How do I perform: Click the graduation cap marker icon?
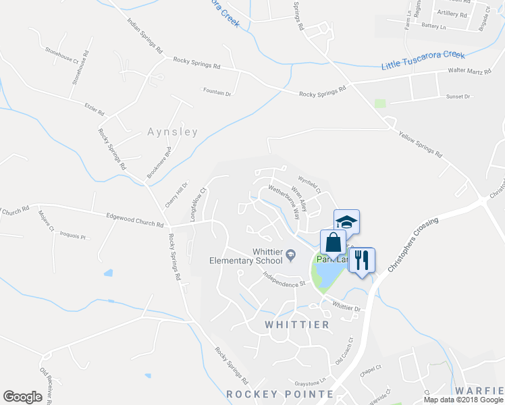tap(346, 221)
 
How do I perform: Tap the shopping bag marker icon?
tap(334, 242)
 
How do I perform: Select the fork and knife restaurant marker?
tap(361, 259)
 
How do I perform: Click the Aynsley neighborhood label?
tap(173, 132)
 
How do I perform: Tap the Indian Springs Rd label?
tap(145, 36)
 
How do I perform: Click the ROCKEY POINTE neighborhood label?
tap(280, 394)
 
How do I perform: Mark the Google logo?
tap(22, 396)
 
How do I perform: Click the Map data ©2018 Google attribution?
tap(463, 400)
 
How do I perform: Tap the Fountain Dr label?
tap(217, 94)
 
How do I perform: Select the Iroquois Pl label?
tap(73, 236)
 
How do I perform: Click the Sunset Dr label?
tap(458, 97)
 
